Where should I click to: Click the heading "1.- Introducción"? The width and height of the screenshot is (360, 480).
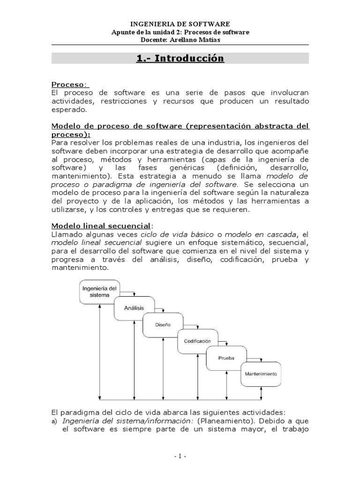180,59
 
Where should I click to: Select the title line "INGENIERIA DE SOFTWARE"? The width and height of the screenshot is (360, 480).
180,23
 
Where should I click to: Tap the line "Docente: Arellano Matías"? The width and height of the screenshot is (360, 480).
180,40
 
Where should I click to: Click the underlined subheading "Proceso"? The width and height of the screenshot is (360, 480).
68,84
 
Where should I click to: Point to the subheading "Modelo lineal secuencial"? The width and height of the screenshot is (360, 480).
101,225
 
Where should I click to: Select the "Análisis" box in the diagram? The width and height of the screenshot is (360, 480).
134,308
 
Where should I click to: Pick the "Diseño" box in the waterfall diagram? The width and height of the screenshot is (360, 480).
163,325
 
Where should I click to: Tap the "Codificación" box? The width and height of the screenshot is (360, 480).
197,341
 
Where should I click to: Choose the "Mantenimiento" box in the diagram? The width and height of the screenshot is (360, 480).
261,374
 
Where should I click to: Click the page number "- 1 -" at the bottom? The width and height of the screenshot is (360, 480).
180,457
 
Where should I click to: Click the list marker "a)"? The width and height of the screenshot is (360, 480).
54,421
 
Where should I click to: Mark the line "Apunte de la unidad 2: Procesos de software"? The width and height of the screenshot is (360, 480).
180,32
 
